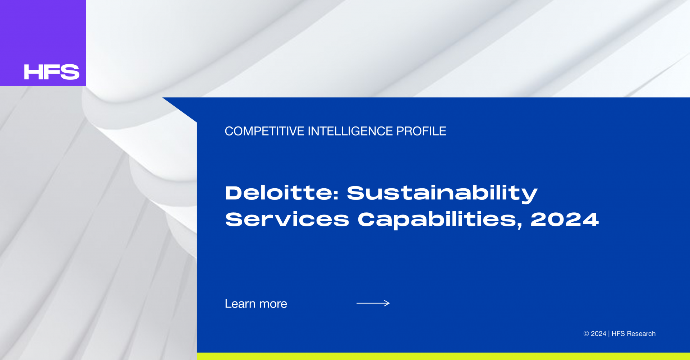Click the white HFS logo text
pos(52,72)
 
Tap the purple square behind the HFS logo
pos(43,43)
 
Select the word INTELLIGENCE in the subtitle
pos(350,131)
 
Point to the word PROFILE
pos(421,131)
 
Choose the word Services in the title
pos(287,220)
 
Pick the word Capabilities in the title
pos(437,220)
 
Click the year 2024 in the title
pos(565,220)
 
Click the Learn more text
pos(256,304)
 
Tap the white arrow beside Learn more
pos(373,303)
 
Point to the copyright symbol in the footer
pos(586,334)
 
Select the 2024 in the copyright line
pos(598,334)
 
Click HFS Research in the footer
pos(634,334)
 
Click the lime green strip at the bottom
pos(443,356)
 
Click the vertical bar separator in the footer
pos(609,334)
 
